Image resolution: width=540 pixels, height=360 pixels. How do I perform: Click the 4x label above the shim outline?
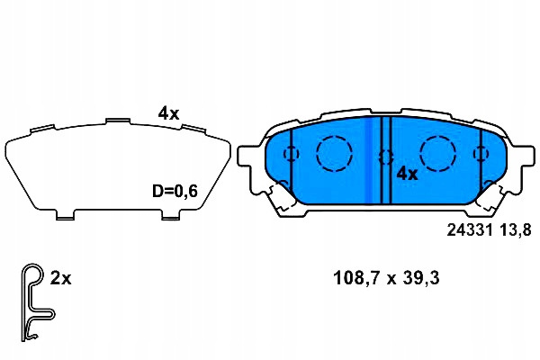point(169,113)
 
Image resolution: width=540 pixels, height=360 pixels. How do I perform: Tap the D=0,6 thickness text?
point(175,191)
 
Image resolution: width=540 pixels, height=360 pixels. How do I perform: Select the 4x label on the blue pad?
point(407,174)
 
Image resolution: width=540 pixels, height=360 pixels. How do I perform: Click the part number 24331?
point(470,229)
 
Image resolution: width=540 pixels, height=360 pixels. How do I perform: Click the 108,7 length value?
point(355,278)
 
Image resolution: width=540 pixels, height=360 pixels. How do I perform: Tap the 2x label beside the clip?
point(60,278)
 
